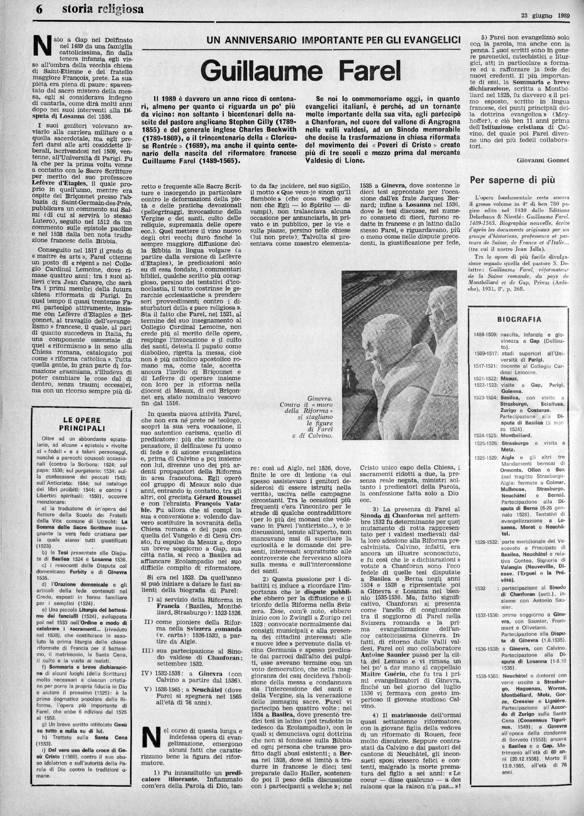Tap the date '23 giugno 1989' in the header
(x=546, y=26)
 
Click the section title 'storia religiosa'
(x=103, y=9)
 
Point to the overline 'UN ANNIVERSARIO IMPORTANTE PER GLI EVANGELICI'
(x=333, y=40)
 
